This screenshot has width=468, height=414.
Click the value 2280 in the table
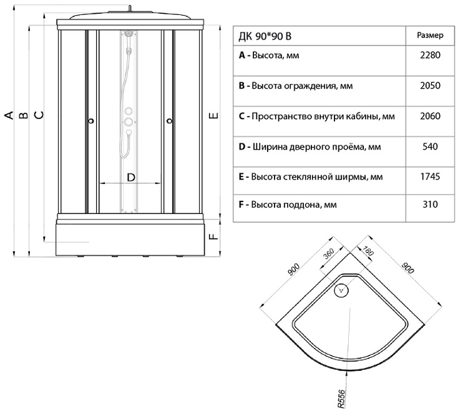click(x=431, y=55)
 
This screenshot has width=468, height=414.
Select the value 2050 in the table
click(x=431, y=86)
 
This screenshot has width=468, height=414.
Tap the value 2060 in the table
click(x=431, y=117)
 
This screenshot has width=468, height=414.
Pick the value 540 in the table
click(x=431, y=147)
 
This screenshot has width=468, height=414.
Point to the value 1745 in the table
click(x=431, y=177)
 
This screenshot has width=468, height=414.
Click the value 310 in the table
click(x=431, y=204)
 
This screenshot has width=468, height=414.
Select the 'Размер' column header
click(x=430, y=35)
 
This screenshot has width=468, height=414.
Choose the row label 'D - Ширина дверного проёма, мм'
click(x=310, y=148)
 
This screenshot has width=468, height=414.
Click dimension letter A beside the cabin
click(x=9, y=115)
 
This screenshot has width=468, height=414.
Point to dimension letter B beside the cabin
click(x=22, y=115)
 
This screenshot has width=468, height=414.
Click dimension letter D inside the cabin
click(x=131, y=177)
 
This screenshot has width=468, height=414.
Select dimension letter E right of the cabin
click(x=212, y=116)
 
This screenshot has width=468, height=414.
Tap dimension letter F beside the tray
click(x=212, y=236)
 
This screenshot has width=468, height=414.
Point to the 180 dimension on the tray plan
click(x=367, y=251)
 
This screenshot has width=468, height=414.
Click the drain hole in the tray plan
click(x=342, y=290)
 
